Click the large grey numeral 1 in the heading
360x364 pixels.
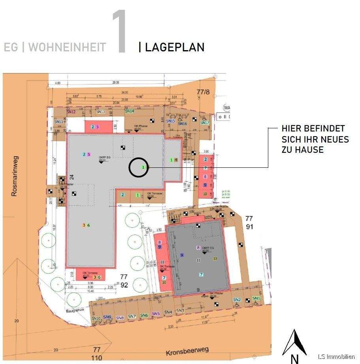pos(119,32)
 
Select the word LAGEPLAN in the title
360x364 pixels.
pos(174,47)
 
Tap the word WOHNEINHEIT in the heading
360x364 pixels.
pos(67,47)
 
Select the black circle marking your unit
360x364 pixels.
pos(138,167)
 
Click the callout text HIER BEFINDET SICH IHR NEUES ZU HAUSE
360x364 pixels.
pos(315,139)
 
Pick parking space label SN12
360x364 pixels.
pos(71,112)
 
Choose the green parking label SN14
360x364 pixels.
pos(130,112)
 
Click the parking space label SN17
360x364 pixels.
pos(204,123)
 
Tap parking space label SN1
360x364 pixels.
pos(256,298)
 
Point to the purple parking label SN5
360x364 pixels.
pos(155,314)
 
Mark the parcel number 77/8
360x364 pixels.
pos(203,92)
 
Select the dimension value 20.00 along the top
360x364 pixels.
pos(115,83)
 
